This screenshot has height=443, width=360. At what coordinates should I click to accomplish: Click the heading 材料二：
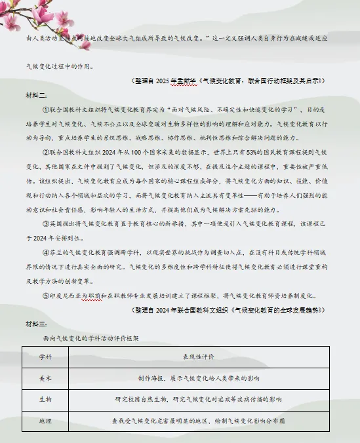[35, 95]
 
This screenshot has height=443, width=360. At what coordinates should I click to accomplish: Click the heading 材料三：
[35, 324]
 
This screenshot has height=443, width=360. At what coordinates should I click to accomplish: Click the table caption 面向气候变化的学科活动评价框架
[89, 338]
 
